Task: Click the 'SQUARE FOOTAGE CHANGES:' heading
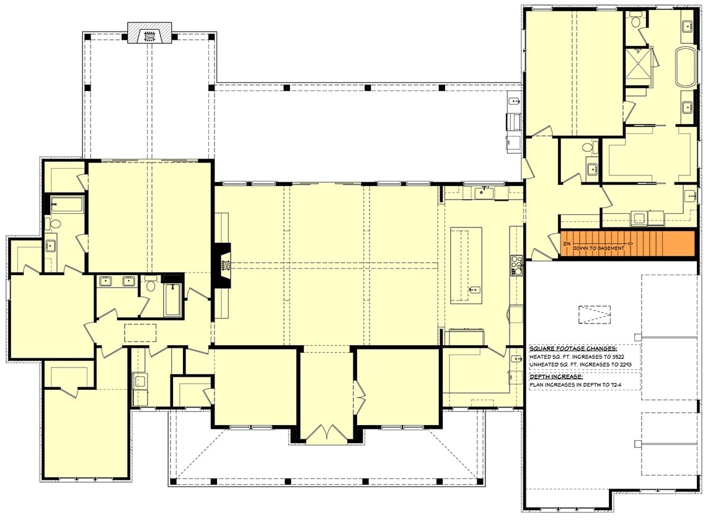564,349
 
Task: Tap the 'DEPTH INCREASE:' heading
555,376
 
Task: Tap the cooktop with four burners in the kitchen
516,265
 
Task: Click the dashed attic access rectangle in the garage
595,315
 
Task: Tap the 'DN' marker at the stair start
566,244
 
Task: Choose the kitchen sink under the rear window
482,193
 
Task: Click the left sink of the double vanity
105,282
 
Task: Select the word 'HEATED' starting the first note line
540,357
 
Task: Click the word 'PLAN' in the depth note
536,385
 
